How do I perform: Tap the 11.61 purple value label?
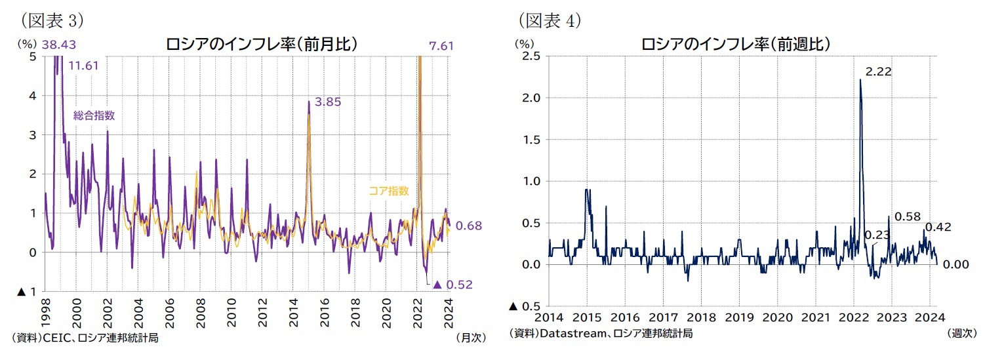pyautogui.click(x=83, y=66)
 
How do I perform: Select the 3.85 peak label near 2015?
pyautogui.click(x=327, y=102)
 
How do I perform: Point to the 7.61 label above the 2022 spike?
pyautogui.click(x=441, y=45)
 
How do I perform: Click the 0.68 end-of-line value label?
pyautogui.click(x=469, y=226)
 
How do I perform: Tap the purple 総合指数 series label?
pyautogui.click(x=94, y=115)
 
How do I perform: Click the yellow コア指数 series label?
pyautogui.click(x=388, y=191)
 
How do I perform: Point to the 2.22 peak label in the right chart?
pyautogui.click(x=879, y=71)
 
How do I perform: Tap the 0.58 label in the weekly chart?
pyautogui.click(x=907, y=216)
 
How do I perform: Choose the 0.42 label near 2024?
pyautogui.click(x=938, y=228)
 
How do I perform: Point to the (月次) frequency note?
pyautogui.click(x=470, y=338)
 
